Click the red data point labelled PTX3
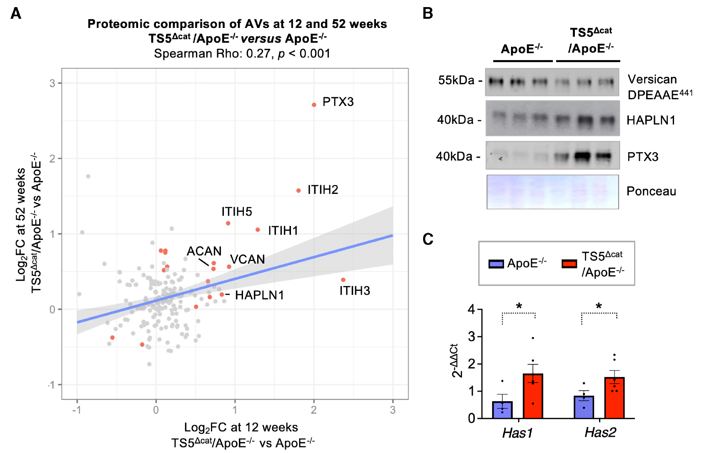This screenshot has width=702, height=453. coord(314,105)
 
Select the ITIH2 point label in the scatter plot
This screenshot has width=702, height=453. coord(323,190)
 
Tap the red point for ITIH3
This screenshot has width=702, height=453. coord(343,279)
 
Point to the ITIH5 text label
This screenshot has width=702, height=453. coord(237,211)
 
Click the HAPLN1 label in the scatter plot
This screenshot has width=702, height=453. coord(259,295)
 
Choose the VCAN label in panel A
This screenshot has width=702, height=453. coord(248,259)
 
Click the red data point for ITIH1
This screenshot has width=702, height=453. coord(258,230)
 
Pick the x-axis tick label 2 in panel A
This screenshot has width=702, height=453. coord(314,410)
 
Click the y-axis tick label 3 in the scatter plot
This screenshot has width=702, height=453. coord(53,83)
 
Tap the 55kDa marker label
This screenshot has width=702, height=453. coord(456,80)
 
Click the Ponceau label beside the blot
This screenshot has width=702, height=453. coord(651,191)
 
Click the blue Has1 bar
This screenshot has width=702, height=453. coord(502,410)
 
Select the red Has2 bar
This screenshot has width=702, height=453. coord(614,398)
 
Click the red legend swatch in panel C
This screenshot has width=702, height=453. coord(569,263)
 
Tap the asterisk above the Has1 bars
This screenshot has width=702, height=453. coord(519,306)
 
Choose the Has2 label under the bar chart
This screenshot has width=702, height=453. coord(600,433)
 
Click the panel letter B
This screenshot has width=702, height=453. coord(428,13)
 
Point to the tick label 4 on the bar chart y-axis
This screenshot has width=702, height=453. coord(471,310)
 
